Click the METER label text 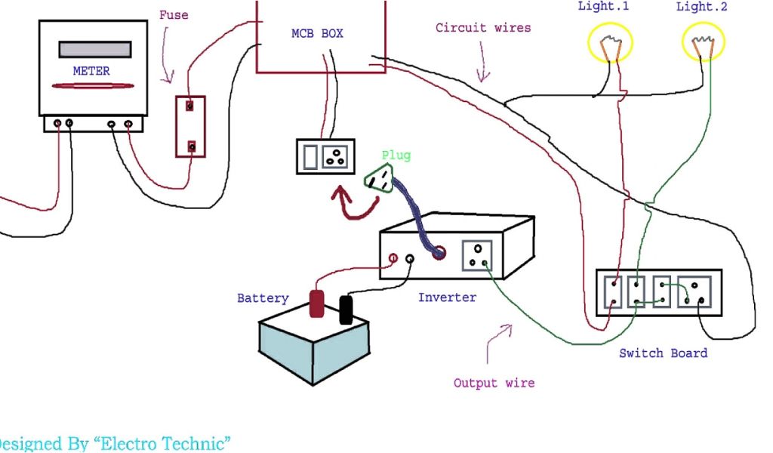click(x=91, y=71)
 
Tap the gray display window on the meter click(x=91, y=48)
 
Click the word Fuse click(x=174, y=15)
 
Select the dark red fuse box click(x=191, y=126)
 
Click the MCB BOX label click(x=317, y=34)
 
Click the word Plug click(x=396, y=156)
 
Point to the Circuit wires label click(x=483, y=28)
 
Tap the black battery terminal click(x=346, y=310)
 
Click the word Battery click(x=263, y=298)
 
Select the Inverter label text click(x=448, y=297)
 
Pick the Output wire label click(x=494, y=384)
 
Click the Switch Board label click(x=664, y=353)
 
